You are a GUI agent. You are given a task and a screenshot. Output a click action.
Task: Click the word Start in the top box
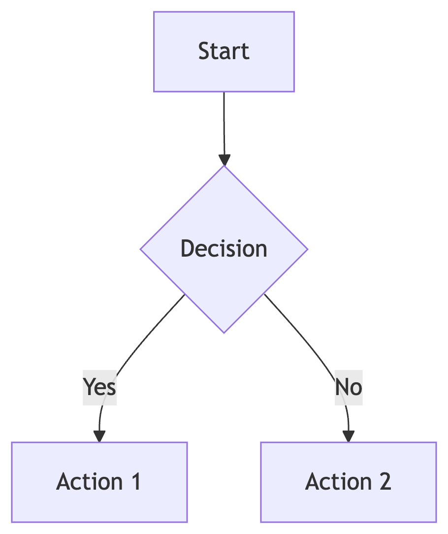224,51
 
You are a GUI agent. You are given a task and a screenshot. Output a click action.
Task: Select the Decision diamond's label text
224,249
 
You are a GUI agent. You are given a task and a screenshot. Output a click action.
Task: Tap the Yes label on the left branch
100,387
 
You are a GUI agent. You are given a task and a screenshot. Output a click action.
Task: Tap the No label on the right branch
349,387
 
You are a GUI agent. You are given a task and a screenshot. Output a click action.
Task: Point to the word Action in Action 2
338,482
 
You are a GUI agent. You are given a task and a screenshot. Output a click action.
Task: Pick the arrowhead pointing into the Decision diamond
224,160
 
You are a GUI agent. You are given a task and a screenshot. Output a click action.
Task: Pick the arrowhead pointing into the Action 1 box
99,436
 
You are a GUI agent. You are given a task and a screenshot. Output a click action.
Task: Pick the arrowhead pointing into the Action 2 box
349,436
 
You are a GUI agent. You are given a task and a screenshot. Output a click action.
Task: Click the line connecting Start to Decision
224,123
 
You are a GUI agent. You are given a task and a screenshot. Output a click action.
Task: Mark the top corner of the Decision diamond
224,167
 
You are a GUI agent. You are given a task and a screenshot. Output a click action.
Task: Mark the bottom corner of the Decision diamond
224,333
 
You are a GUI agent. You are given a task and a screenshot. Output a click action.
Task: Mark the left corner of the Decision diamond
141,249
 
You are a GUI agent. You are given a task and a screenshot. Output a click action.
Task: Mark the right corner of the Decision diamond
307,249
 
